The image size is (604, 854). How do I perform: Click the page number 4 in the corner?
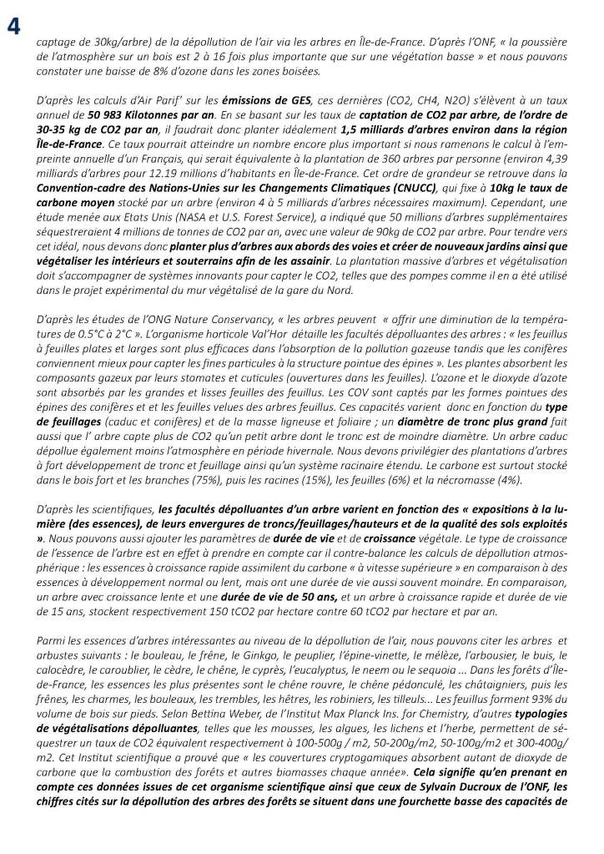[x=13, y=27]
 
